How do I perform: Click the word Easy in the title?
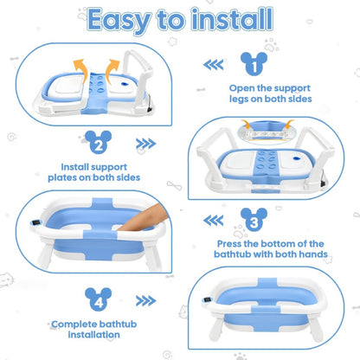point(119,21)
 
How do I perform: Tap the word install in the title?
point(232,19)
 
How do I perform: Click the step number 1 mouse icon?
point(254,63)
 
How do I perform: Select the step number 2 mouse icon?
point(99,142)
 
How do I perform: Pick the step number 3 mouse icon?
point(254,220)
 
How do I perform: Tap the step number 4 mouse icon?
point(99,299)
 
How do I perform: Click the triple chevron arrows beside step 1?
point(213,65)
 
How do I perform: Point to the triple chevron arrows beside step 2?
point(146,144)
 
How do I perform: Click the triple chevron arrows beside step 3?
point(213,221)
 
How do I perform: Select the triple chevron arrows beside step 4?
point(146,301)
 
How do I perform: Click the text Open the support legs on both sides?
point(270,93)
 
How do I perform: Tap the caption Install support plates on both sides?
point(94,172)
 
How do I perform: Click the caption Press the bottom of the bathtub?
point(271,249)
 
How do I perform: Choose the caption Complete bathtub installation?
point(94,329)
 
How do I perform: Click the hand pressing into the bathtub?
point(144,217)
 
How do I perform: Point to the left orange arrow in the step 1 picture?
point(80,70)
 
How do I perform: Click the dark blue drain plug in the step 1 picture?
point(125,84)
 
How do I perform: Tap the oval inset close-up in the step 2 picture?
point(267,133)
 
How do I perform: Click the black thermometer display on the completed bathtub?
point(207,299)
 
